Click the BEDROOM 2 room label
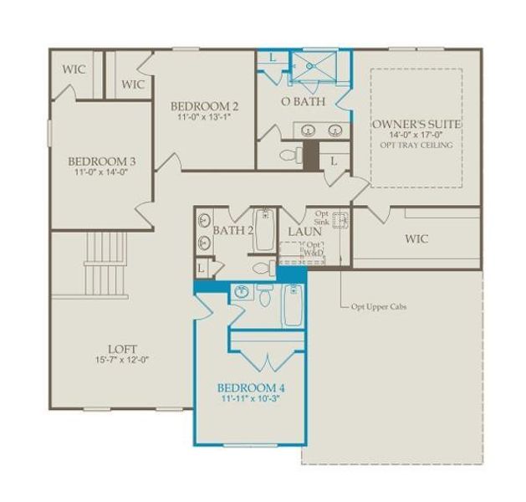click(x=205, y=106)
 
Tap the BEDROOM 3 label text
click(x=102, y=161)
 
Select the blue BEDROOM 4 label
click(x=250, y=388)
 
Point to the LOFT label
click(x=122, y=349)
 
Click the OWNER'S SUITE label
click(x=416, y=124)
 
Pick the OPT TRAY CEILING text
click(x=416, y=145)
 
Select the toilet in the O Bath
click(x=289, y=155)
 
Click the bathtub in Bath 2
click(x=264, y=229)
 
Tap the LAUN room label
click(x=305, y=230)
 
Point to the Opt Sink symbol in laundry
click(x=340, y=221)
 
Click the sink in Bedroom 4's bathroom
click(x=241, y=292)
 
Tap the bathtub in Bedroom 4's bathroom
click(x=292, y=305)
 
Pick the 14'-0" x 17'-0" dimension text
click(x=416, y=135)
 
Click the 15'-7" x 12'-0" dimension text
click(x=122, y=360)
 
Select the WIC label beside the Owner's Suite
click(x=416, y=239)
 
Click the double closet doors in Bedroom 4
click(x=267, y=361)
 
